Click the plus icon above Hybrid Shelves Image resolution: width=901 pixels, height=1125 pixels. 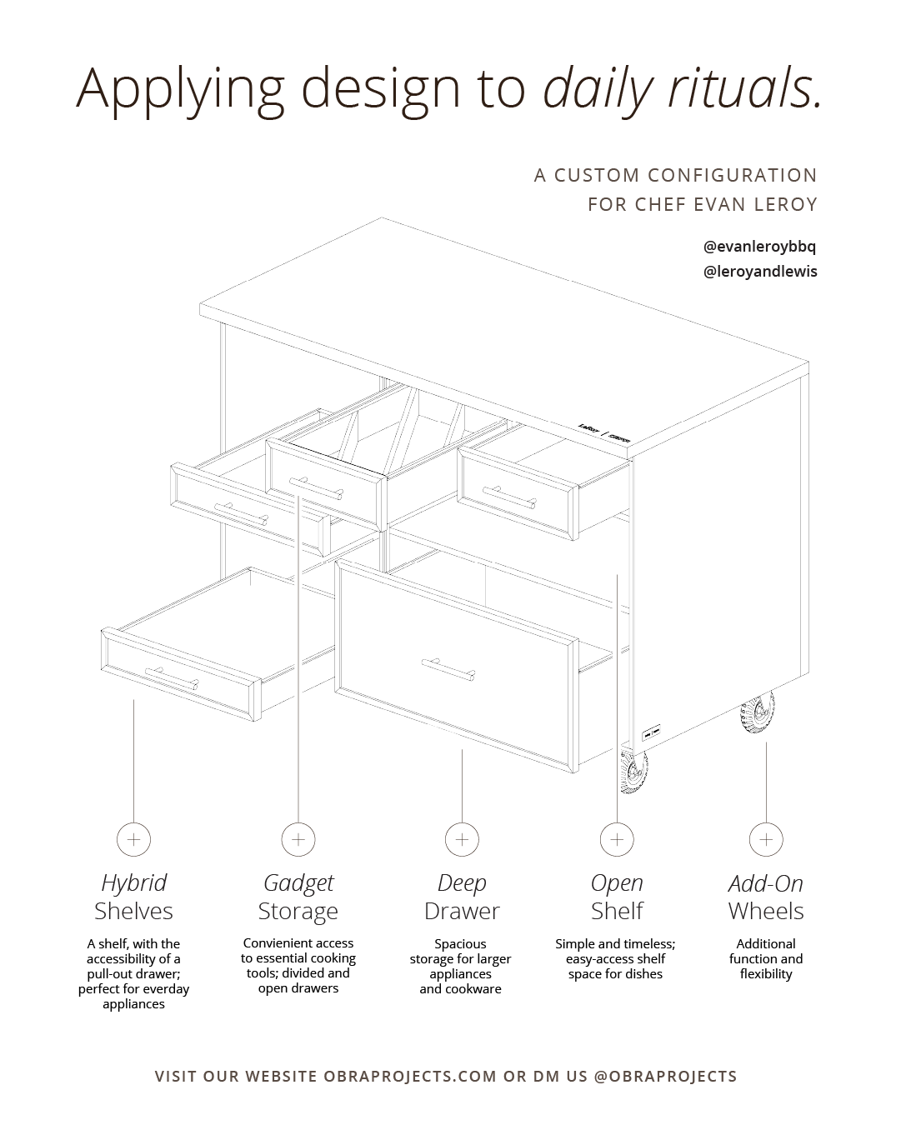pyautogui.click(x=133, y=839)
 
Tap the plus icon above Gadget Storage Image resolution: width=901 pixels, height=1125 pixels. pyautogui.click(x=298, y=839)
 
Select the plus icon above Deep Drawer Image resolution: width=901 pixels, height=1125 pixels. pyautogui.click(x=462, y=839)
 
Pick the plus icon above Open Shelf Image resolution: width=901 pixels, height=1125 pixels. pyautogui.click(x=617, y=839)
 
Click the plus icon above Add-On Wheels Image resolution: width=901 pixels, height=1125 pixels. pyautogui.click(x=766, y=839)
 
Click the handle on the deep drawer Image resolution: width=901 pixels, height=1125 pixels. pyautogui.click(x=448, y=668)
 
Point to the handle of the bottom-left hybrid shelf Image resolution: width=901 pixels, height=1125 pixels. pyautogui.click(x=172, y=678)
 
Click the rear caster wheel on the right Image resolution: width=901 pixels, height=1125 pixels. pyautogui.click(x=757, y=712)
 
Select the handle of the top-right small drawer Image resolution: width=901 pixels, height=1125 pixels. pyautogui.click(x=509, y=498)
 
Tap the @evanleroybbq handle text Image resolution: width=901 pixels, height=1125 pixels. pyautogui.click(x=760, y=247)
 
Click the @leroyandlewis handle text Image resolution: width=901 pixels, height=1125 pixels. pyautogui.click(x=760, y=272)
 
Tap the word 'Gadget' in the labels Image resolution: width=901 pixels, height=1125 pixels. pyautogui.click(x=298, y=882)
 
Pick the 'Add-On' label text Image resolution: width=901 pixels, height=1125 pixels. pyautogui.click(x=766, y=882)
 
